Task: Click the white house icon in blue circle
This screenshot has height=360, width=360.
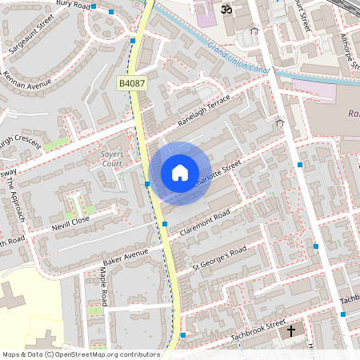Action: click(x=180, y=173)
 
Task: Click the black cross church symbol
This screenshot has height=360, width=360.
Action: click(x=290, y=330)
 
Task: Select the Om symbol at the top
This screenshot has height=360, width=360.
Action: click(x=226, y=9)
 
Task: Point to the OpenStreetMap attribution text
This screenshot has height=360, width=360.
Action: click(x=81, y=354)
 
